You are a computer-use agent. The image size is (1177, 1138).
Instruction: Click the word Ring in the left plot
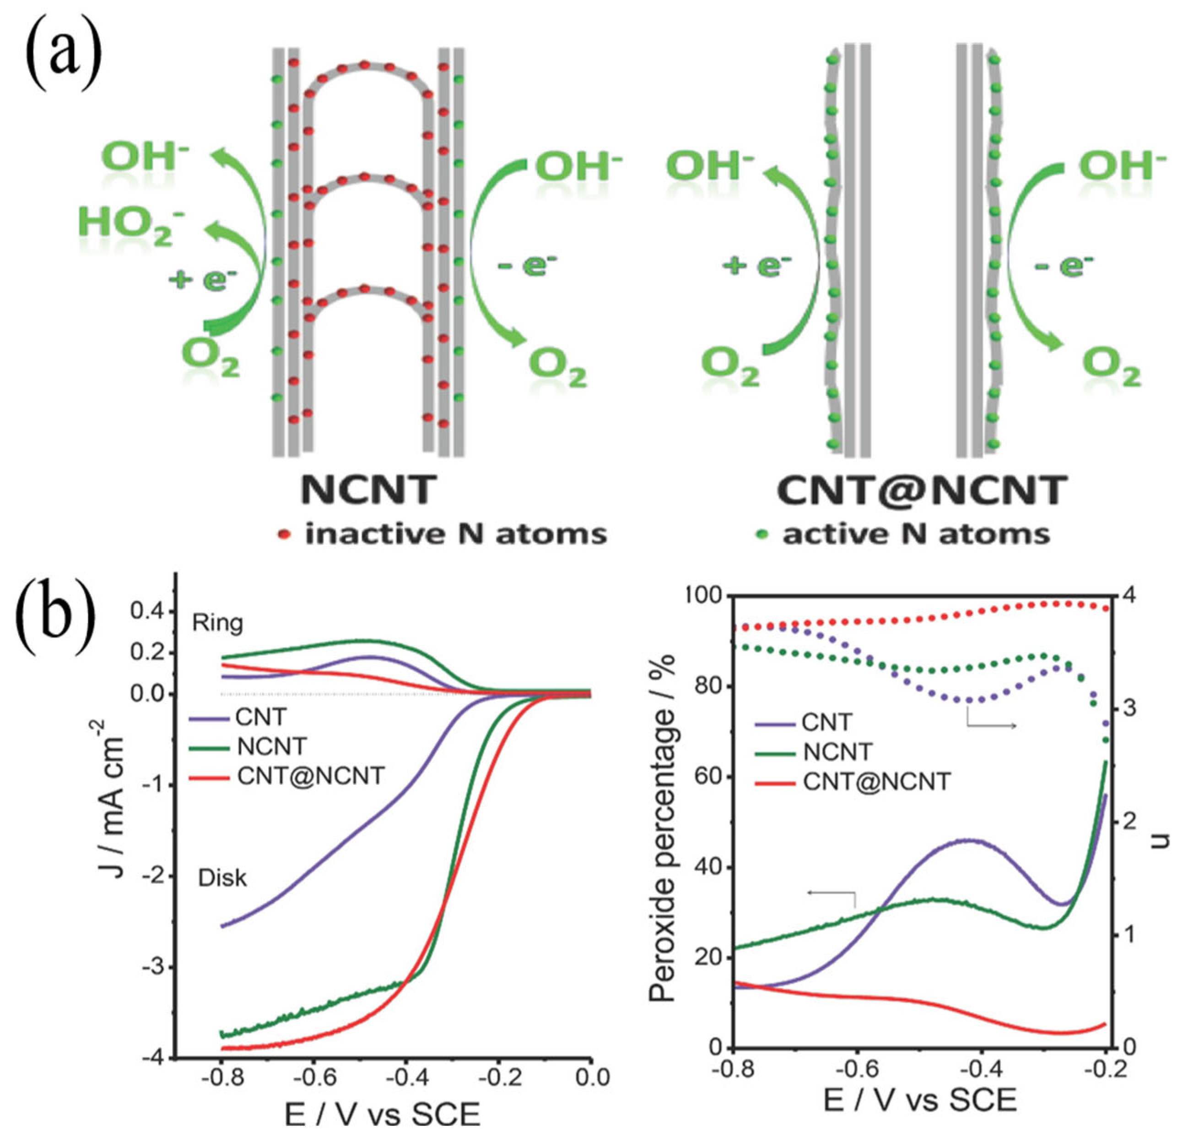(217, 624)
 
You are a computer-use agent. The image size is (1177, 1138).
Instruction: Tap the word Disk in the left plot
(222, 878)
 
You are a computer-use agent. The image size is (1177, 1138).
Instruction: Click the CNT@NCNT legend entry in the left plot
(310, 776)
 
